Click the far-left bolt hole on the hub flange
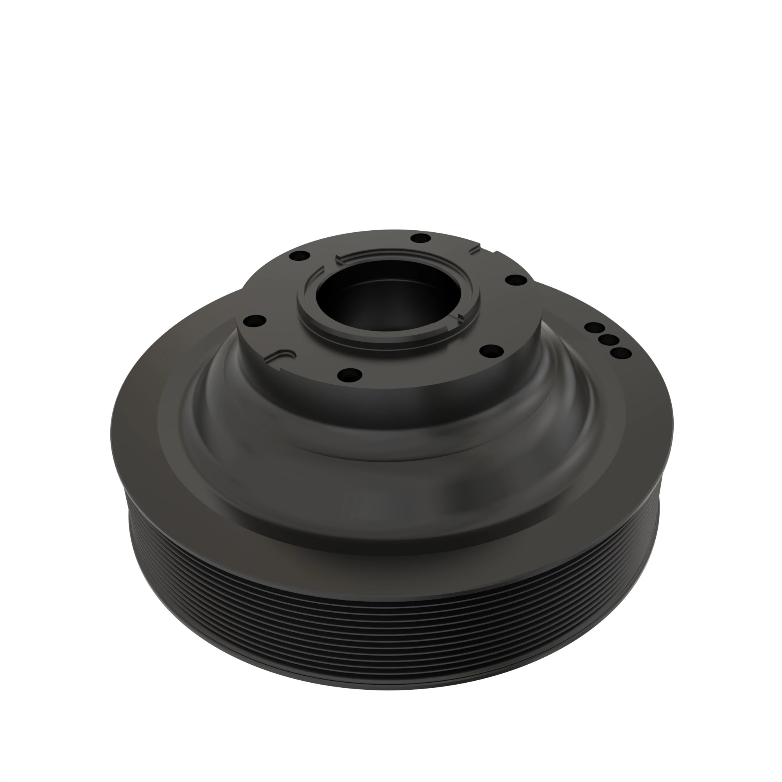[x=255, y=321]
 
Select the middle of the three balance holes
[x=608, y=339]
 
